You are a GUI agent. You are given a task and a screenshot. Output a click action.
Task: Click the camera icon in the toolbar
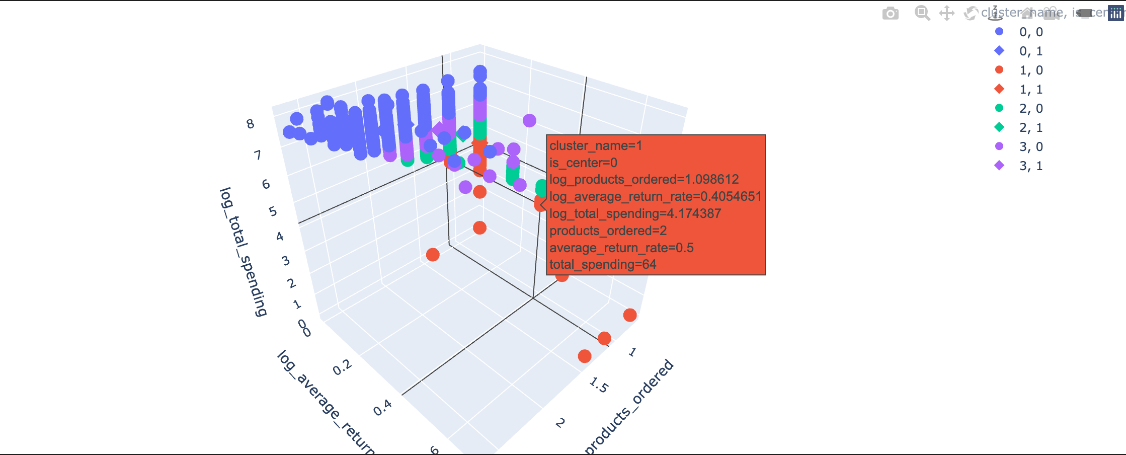click(x=890, y=14)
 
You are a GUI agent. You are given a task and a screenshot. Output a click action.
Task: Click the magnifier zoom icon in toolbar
click(x=922, y=13)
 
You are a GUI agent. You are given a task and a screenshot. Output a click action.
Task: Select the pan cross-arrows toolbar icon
click(x=947, y=13)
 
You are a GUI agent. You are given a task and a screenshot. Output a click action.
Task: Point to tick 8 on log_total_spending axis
click(x=250, y=124)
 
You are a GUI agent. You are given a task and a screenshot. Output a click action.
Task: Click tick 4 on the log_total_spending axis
click(x=280, y=236)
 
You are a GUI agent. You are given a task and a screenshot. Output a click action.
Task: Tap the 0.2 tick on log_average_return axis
click(x=342, y=368)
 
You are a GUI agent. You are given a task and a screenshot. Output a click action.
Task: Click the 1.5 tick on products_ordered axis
click(x=599, y=386)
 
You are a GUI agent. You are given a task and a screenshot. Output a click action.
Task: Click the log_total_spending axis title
click(x=243, y=252)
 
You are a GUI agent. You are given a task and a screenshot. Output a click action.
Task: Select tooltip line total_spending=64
click(x=603, y=265)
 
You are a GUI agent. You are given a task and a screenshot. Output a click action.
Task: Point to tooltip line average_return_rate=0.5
click(x=621, y=248)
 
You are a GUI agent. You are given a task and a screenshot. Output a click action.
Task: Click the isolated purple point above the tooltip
click(x=529, y=120)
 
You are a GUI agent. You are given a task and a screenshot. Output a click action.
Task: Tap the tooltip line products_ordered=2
click(x=608, y=231)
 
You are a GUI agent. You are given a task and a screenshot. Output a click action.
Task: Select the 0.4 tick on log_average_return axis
click(x=383, y=408)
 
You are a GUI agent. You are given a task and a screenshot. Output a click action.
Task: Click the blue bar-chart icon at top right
click(x=1116, y=14)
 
